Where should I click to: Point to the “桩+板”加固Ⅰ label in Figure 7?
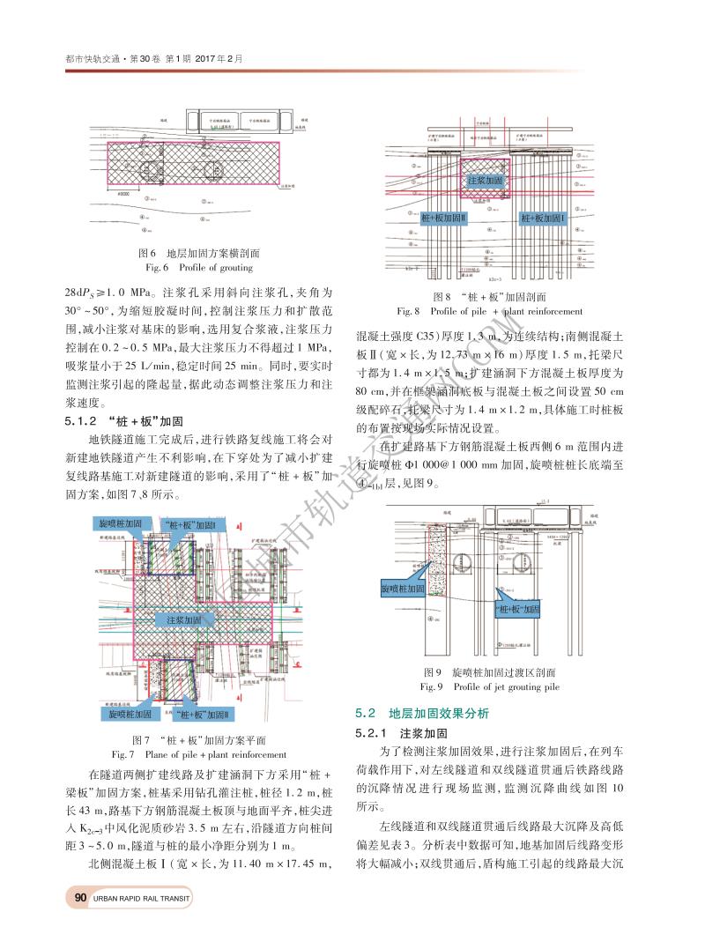196,525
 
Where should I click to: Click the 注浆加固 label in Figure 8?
485,180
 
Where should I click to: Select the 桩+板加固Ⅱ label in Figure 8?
442,217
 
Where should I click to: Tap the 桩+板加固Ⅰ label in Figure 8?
542,217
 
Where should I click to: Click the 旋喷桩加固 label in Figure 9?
403,587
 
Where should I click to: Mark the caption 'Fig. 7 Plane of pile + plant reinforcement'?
198,754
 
